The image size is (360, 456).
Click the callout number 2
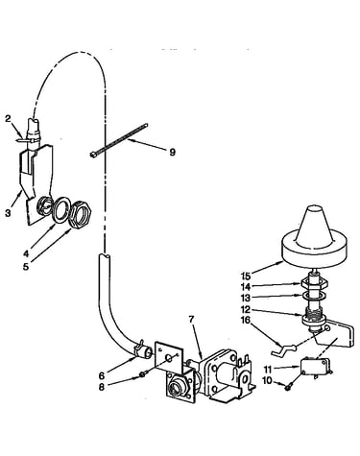tap(8, 119)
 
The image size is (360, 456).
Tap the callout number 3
tap(8, 213)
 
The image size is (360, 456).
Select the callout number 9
tap(173, 153)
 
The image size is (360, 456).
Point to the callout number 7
tap(192, 320)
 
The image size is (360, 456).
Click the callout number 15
tap(247, 276)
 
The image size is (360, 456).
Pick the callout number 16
tap(247, 320)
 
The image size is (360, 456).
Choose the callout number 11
tap(268, 370)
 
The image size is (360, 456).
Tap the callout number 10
tap(267, 380)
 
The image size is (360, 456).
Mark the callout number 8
tap(102, 387)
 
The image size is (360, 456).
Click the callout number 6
tap(102, 376)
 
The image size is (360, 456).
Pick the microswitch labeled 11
tap(316, 368)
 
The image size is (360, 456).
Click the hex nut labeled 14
tap(315, 283)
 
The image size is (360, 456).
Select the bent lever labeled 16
tap(283, 348)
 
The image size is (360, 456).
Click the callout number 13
tap(247, 298)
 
